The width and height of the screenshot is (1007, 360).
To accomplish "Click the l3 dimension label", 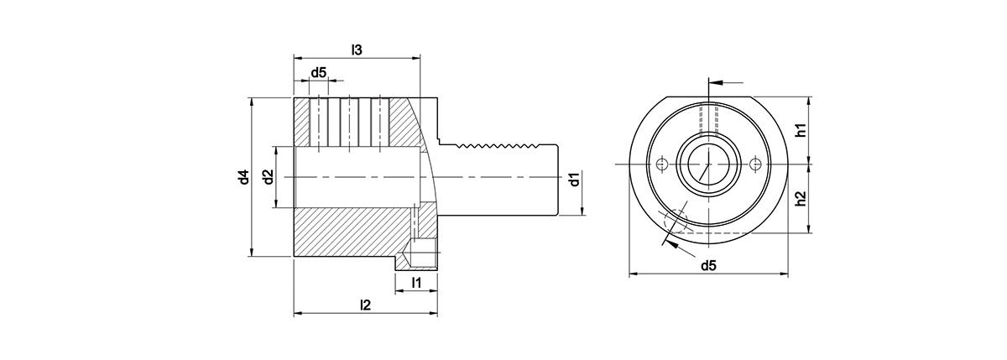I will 357,50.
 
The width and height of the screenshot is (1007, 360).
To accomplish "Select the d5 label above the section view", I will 319,73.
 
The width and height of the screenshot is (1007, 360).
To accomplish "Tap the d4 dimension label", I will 243,177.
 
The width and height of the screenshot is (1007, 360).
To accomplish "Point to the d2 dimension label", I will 267,177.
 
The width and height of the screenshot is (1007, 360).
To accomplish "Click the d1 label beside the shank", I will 573,180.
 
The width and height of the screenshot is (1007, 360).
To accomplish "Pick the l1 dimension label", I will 417,282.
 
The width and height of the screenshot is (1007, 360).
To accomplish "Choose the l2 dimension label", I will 365,305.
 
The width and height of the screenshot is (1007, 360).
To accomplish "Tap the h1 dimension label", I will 801,130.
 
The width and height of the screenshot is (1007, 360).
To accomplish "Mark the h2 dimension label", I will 801,199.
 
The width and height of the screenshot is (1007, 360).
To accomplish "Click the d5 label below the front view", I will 709,266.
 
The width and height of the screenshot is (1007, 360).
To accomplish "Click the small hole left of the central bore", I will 662,164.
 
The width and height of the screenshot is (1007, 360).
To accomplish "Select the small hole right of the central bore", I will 758,164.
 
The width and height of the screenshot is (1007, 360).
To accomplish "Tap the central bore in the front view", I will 709,164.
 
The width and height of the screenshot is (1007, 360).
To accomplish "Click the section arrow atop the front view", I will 727,83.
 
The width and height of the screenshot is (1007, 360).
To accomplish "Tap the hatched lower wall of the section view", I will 352,231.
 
